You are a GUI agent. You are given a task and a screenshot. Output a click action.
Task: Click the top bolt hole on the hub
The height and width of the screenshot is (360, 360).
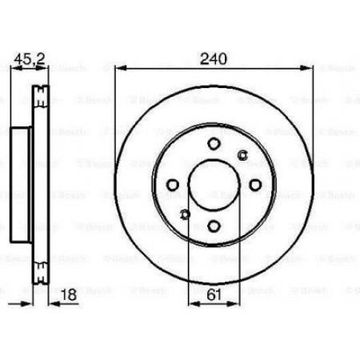pos(214,144)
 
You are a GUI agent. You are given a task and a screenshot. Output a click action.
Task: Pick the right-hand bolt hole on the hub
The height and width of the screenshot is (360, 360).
pos(254,186)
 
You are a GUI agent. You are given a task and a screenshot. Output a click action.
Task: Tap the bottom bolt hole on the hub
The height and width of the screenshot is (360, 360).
pos(214,227)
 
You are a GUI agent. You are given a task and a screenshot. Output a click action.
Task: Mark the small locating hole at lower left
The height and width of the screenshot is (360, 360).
pos(184,214)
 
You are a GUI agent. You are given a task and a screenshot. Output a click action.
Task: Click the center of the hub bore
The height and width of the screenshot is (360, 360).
pos(214,186)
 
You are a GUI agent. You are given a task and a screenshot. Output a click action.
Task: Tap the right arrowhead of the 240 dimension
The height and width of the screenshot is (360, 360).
pos(309,70)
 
